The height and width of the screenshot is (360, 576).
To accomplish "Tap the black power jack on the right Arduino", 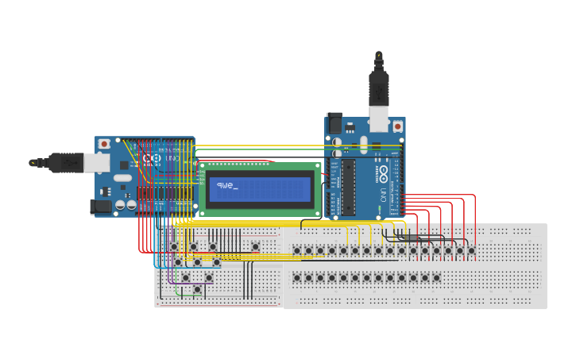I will [335, 124].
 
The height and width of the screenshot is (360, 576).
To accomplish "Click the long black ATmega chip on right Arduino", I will [348, 187].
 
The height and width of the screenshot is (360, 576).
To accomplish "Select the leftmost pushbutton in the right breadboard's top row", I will [297, 250].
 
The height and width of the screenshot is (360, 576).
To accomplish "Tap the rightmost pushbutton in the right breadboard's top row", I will [471, 250].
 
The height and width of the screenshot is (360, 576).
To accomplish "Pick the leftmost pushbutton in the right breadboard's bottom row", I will [297, 277].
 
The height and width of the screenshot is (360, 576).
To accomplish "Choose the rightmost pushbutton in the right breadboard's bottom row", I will [436, 277].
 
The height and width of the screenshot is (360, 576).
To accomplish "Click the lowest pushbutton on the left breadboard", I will [197, 289].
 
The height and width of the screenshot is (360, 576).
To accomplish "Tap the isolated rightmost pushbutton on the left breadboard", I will [255, 246].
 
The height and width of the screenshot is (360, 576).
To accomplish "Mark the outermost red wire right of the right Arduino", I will [475, 215].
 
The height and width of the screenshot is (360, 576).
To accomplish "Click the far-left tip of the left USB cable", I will [33, 162].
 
